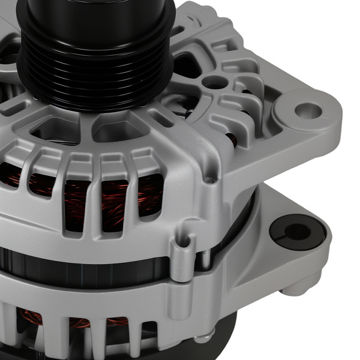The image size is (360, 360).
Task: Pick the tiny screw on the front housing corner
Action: [208, 179]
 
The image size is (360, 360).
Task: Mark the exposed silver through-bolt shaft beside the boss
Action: [205, 259]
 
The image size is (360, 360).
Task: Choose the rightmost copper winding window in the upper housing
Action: [150, 195]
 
